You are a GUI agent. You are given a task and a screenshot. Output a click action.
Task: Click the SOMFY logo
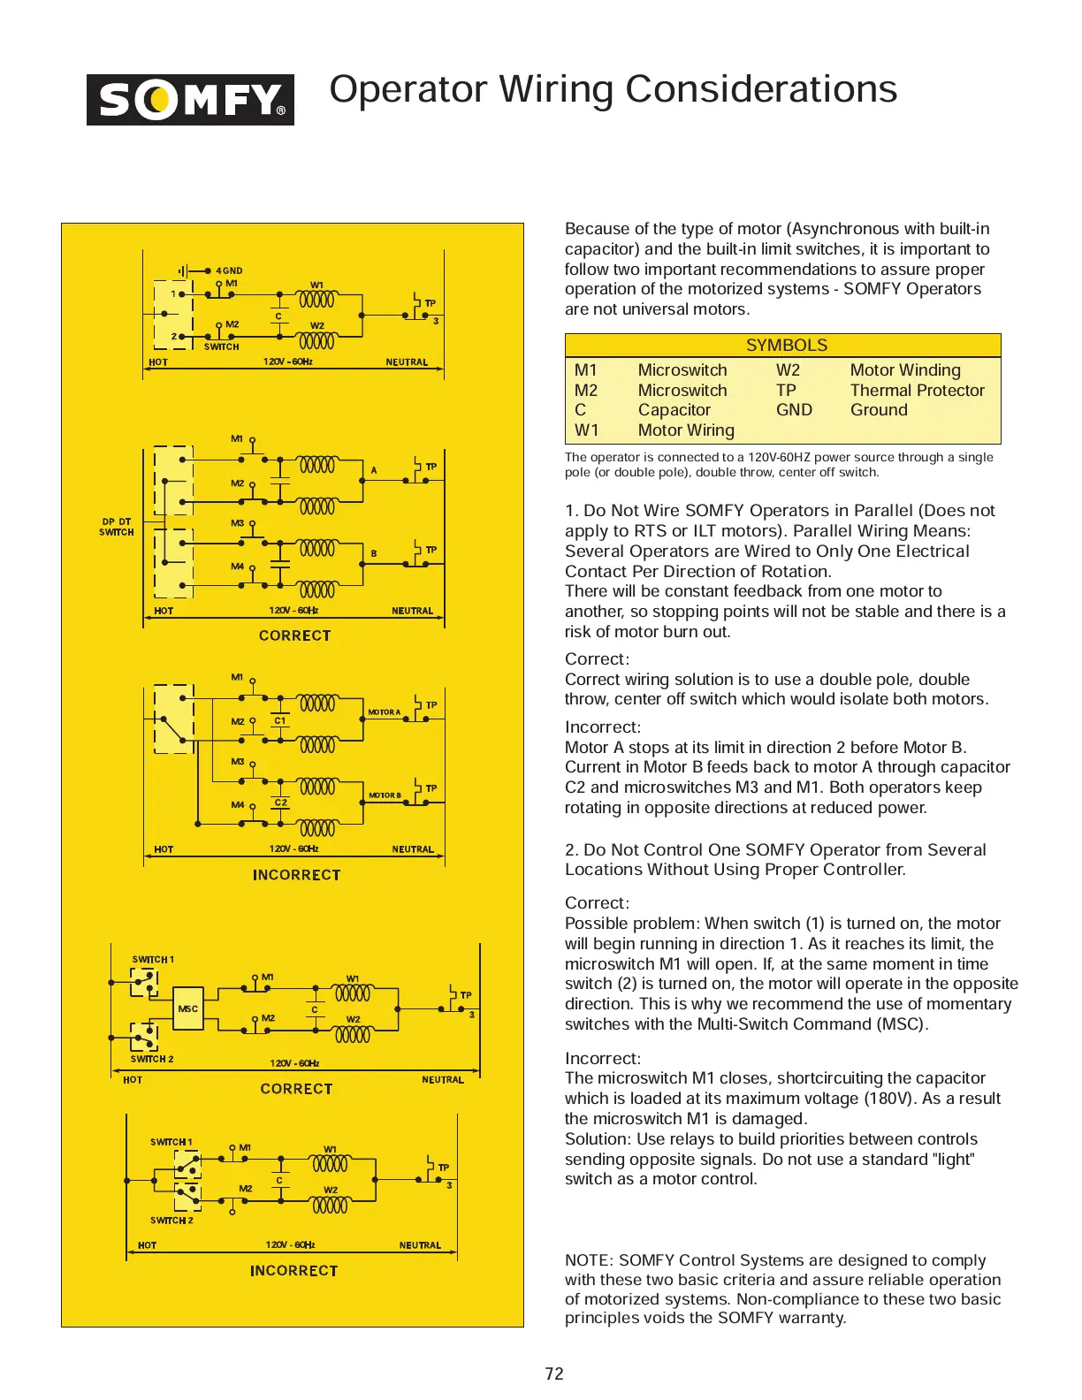[x=190, y=100]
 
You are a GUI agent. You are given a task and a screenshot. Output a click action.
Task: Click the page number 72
[x=554, y=1373]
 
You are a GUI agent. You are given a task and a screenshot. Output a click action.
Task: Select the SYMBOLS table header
[x=786, y=346]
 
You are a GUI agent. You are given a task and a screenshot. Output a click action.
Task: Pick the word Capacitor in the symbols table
[x=674, y=410]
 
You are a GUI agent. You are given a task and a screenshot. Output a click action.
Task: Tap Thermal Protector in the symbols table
[x=917, y=391]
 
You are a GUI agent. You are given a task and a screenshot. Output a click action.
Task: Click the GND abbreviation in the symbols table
[x=794, y=410]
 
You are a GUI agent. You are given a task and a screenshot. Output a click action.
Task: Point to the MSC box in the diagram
[x=188, y=1008]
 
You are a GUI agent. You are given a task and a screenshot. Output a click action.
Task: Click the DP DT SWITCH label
[x=117, y=527]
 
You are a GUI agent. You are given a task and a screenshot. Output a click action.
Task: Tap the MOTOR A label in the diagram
[x=385, y=712]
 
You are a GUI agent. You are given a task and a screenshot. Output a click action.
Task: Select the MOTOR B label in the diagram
[x=385, y=795]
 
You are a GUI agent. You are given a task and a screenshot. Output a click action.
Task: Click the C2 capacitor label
[x=280, y=803]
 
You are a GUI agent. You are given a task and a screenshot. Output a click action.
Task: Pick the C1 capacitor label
[x=280, y=720]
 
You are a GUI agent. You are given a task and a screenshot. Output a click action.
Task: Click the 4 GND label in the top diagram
[x=229, y=271]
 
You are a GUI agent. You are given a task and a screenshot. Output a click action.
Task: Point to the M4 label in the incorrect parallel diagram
[x=238, y=805]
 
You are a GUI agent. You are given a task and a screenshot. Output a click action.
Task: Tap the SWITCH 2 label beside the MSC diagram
[x=152, y=1059]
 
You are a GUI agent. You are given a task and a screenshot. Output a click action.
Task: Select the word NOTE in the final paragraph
[x=587, y=1260]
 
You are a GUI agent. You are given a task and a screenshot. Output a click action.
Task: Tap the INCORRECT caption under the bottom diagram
[x=293, y=1271]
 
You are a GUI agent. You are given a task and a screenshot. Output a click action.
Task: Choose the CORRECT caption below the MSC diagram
[x=296, y=1089]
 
